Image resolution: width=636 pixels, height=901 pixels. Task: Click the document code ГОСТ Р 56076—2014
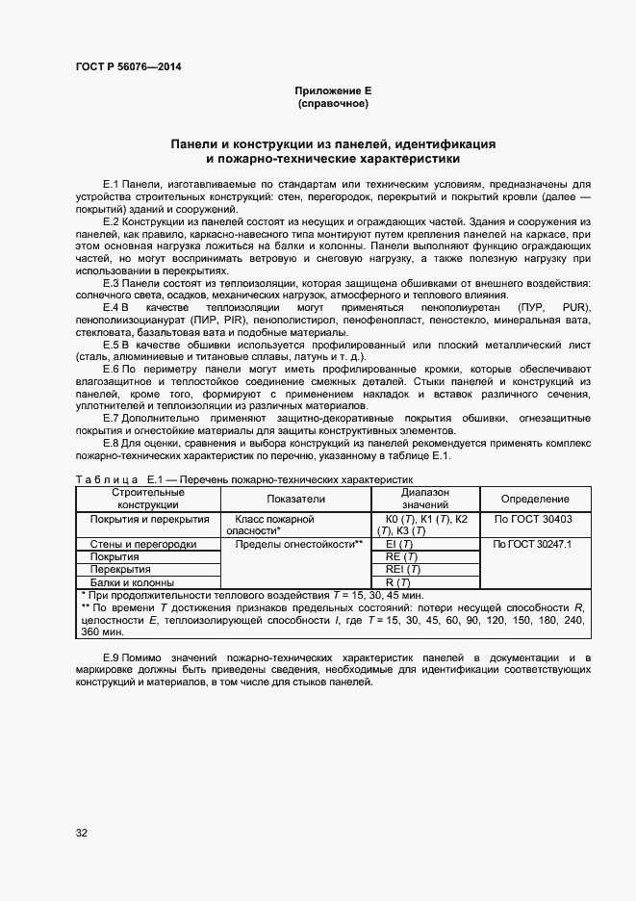[127, 66]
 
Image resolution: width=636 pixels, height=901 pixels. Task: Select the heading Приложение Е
[333, 90]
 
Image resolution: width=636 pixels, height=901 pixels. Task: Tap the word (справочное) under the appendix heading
[333, 102]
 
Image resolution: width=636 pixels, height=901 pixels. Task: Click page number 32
[82, 833]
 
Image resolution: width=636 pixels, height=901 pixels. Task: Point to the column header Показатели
[296, 499]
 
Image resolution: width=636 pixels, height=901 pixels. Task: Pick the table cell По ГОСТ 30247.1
[532, 544]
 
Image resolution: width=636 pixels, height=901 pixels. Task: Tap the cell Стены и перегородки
[143, 544]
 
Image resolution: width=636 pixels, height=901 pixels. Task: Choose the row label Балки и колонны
[132, 582]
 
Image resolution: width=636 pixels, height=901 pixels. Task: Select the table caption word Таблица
[107, 478]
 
